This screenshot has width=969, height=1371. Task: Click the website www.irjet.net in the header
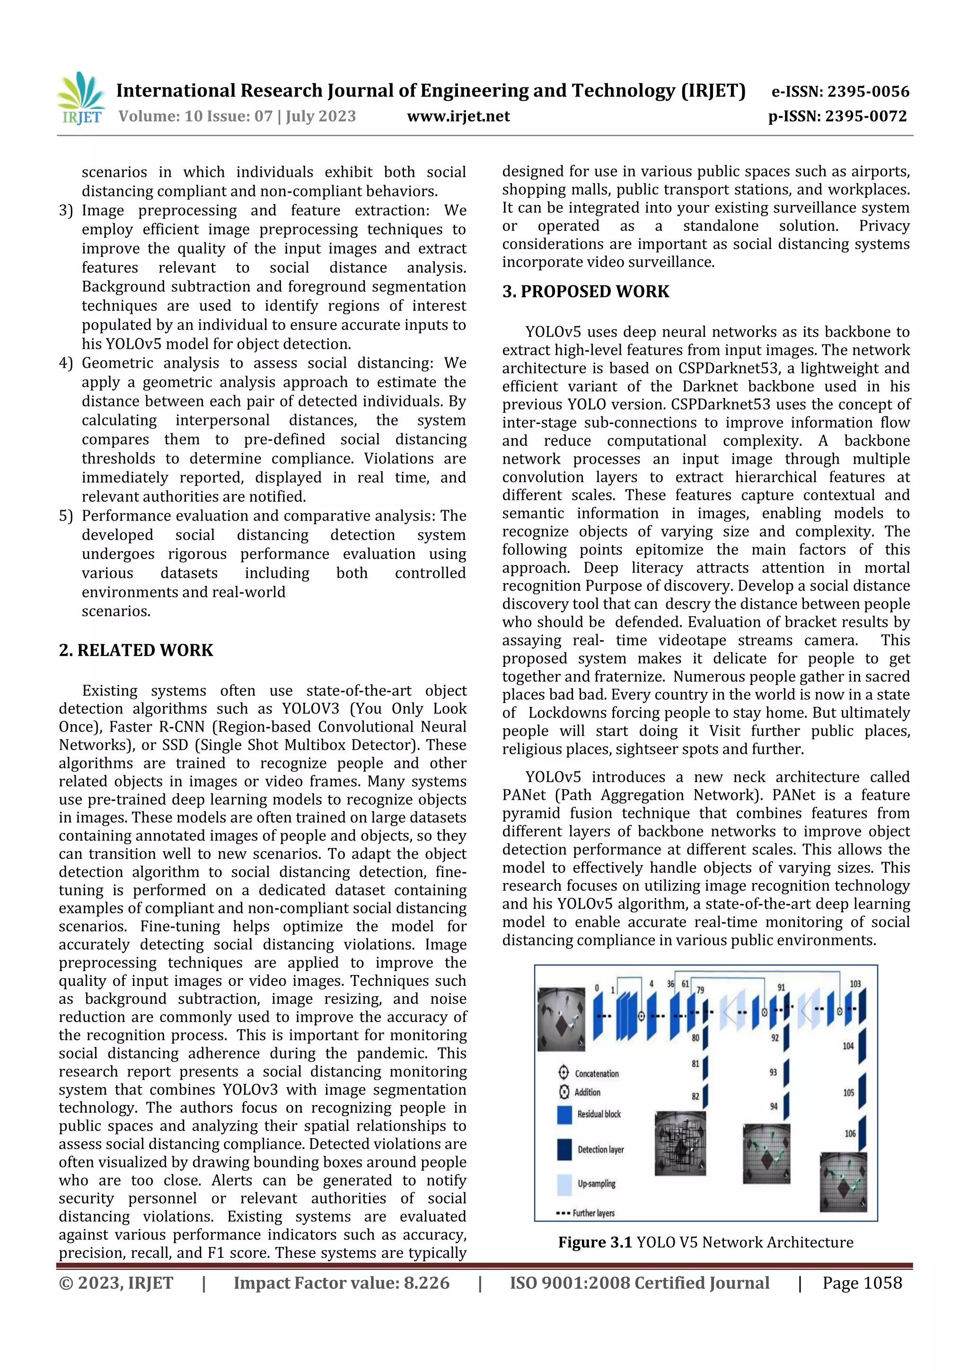(x=458, y=116)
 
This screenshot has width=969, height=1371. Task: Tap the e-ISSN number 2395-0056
(x=867, y=91)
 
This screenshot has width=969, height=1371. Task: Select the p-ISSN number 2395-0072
(x=866, y=116)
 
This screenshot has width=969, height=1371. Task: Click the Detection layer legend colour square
(x=564, y=1150)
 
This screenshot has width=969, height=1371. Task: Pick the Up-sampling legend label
(x=596, y=1184)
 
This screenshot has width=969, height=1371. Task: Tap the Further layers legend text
(x=593, y=1213)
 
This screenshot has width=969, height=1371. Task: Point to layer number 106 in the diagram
(x=850, y=1133)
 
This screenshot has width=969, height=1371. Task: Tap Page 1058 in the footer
(x=862, y=1283)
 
